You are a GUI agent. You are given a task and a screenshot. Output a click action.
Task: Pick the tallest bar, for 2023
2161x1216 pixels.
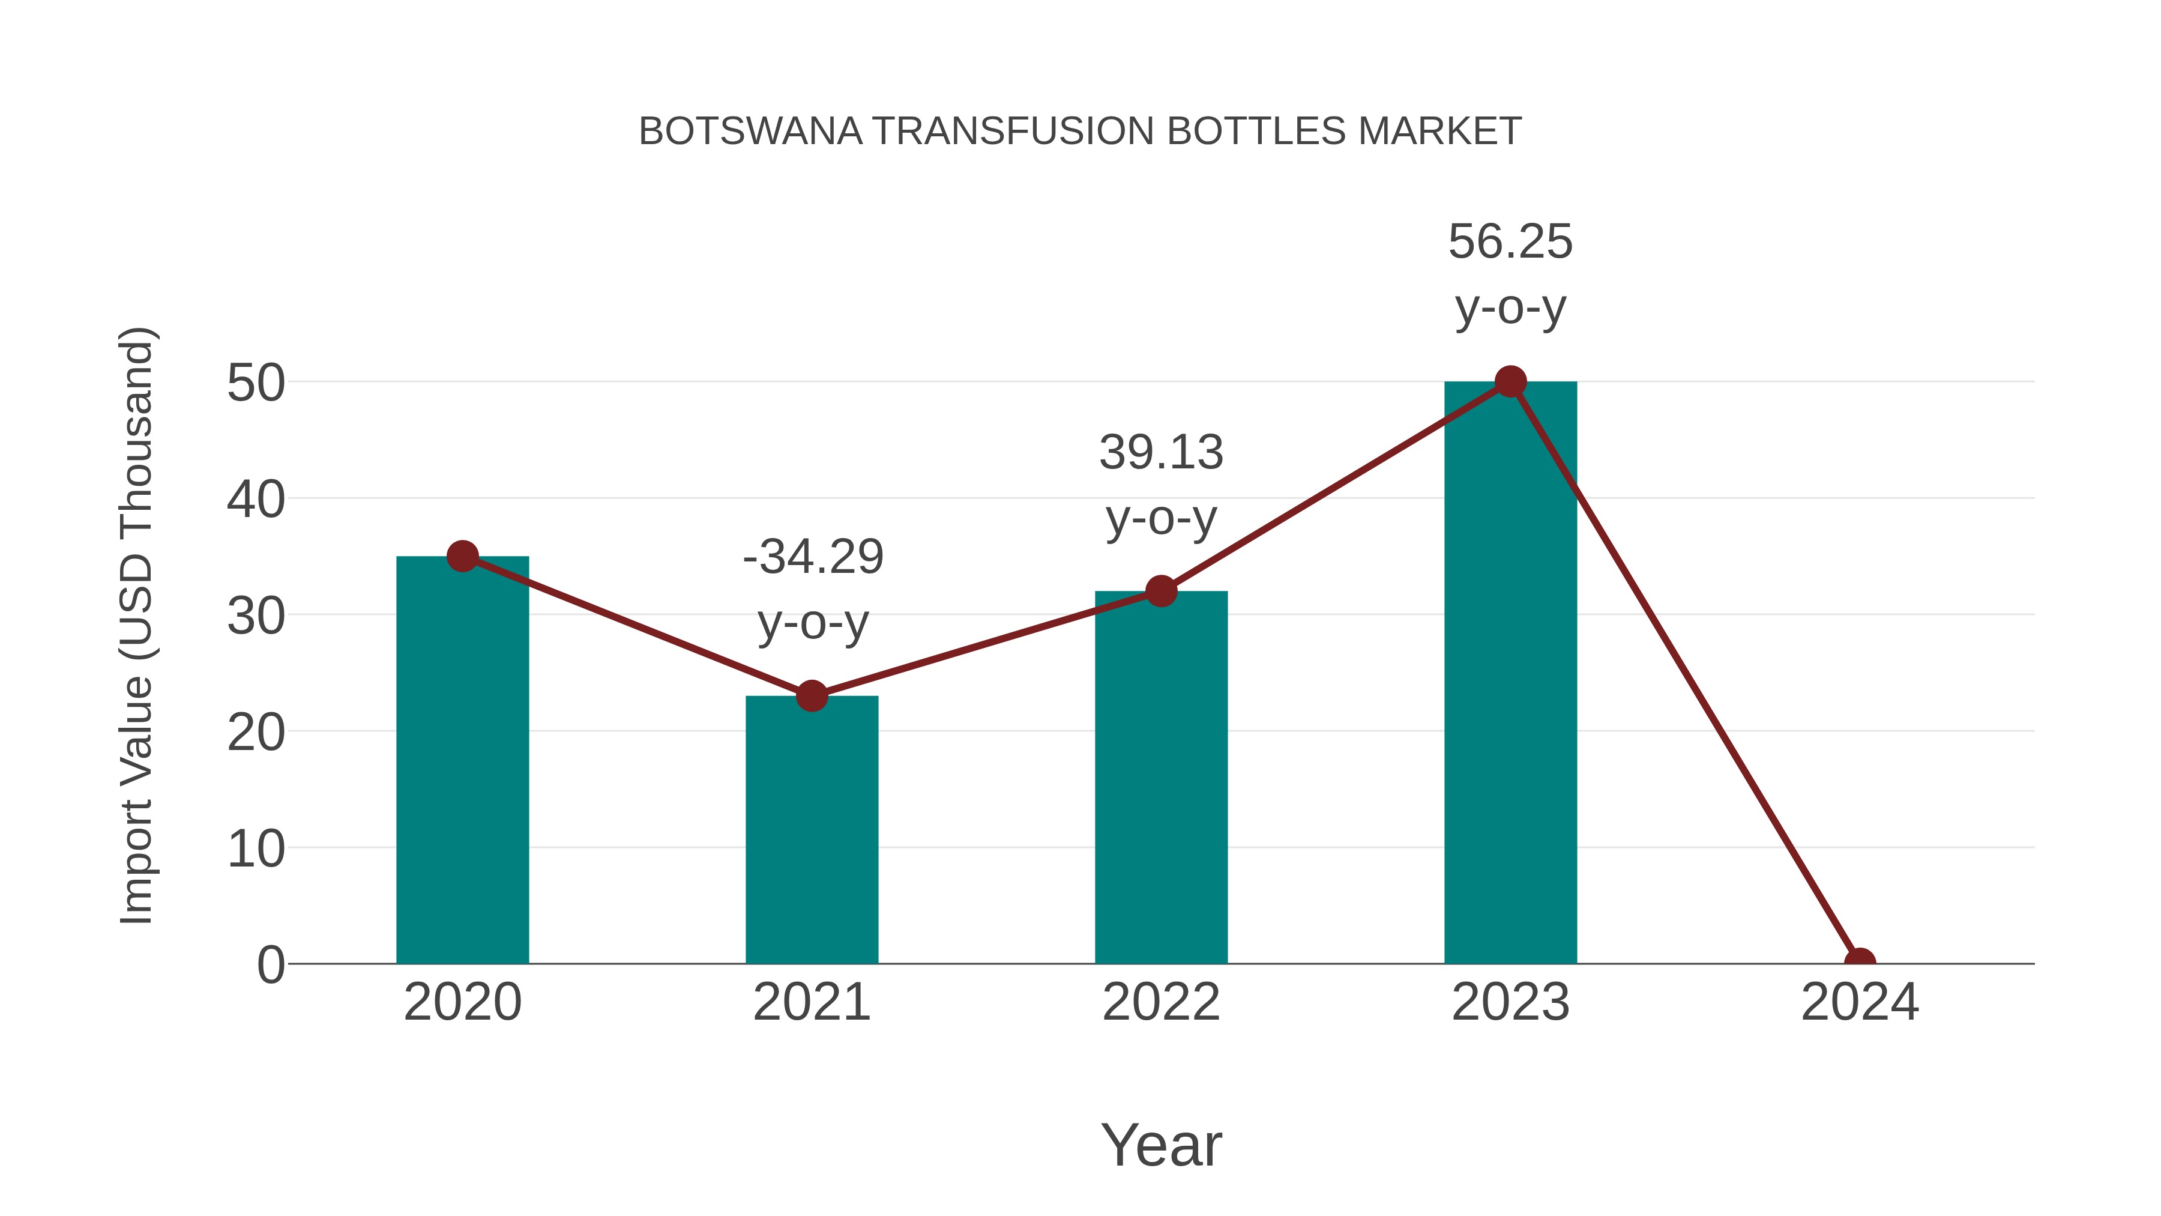click(x=1510, y=671)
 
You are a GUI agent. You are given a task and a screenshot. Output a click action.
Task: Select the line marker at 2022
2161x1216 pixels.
click(x=1161, y=591)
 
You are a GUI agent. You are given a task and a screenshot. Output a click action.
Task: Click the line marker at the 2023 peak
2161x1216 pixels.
click(x=1510, y=382)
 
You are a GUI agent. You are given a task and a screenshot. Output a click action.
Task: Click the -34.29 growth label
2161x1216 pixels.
click(x=813, y=557)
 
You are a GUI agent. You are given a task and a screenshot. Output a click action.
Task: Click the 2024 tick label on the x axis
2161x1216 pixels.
click(x=1860, y=1002)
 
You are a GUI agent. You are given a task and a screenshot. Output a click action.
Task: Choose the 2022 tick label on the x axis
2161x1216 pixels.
click(x=1161, y=1002)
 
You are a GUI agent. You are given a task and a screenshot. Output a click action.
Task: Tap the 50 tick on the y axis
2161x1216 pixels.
click(x=256, y=384)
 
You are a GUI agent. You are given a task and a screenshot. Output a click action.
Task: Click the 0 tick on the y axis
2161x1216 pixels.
click(x=271, y=965)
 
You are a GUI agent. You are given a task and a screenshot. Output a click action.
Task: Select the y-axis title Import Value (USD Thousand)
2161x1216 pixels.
click(x=136, y=625)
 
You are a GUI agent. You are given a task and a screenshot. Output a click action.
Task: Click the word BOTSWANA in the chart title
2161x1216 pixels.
click(x=750, y=132)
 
